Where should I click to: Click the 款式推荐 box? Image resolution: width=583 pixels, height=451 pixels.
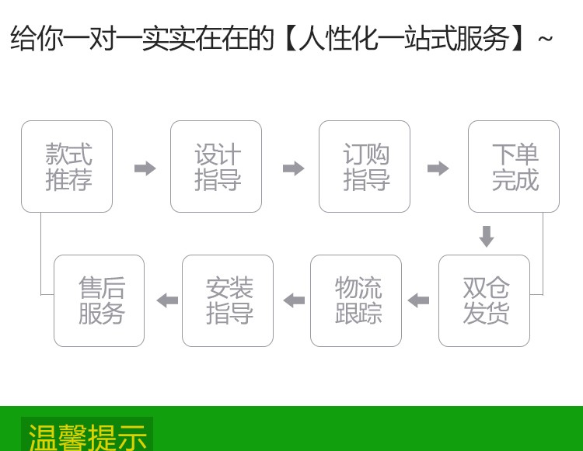67,167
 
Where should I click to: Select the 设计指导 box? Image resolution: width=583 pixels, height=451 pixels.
216,167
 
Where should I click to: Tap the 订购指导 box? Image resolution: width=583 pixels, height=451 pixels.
365,167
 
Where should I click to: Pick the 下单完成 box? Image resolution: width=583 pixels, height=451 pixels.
513,167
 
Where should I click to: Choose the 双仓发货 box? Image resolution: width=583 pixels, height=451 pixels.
484,300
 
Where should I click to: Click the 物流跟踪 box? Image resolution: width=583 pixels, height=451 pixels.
356,300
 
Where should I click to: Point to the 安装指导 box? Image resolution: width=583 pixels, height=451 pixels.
228,300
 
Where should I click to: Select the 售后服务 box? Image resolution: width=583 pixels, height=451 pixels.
99,300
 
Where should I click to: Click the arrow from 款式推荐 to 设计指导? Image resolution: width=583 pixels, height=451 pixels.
145,168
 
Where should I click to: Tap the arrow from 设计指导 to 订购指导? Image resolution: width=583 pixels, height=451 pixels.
293,168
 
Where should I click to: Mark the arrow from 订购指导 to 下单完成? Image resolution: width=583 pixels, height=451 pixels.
438,168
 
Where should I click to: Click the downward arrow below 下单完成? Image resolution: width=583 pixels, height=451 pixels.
487,236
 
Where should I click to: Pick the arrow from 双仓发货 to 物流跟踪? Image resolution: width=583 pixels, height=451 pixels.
419,300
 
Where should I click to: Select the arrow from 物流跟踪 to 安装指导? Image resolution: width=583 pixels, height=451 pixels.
294,300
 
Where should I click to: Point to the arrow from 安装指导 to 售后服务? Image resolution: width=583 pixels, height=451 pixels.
167,300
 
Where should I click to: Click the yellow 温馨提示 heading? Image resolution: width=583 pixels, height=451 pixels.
87,436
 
